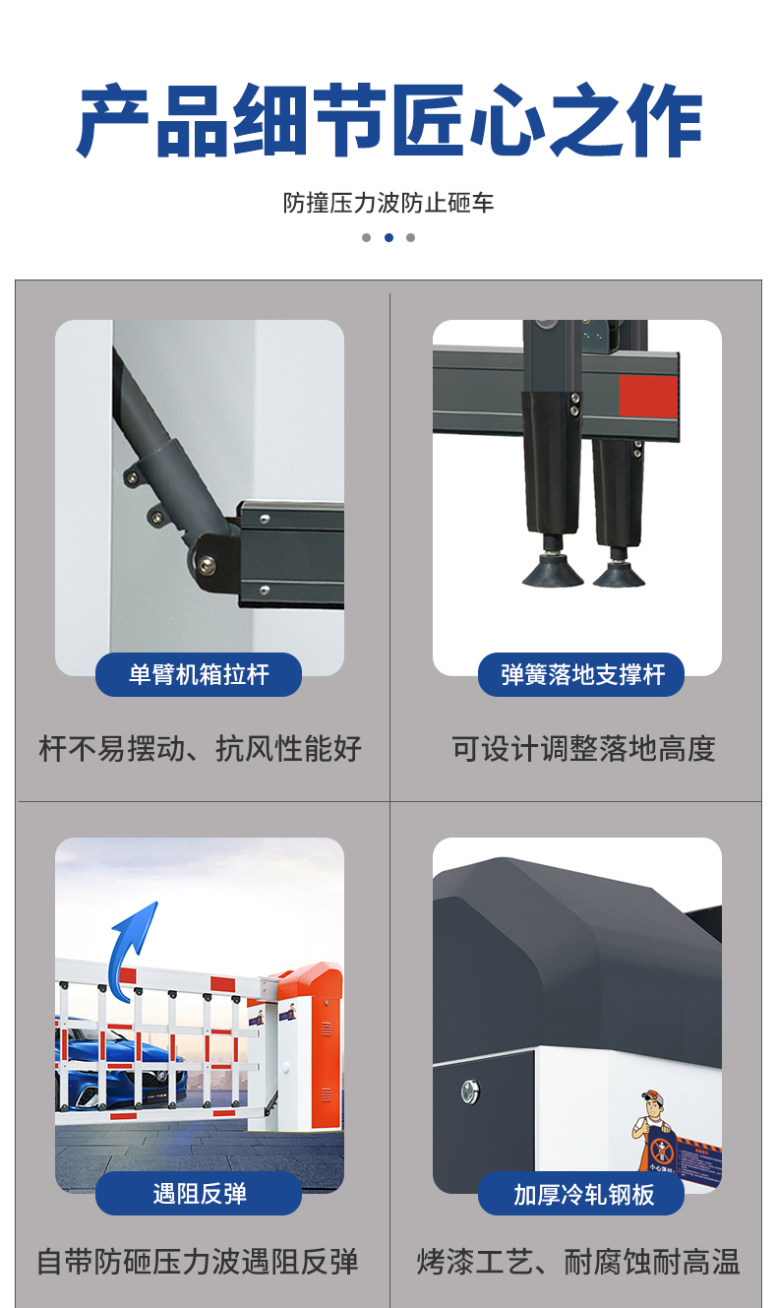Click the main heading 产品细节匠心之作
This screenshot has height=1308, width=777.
pyautogui.click(x=388, y=123)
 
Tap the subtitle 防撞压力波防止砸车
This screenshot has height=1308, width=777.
pyautogui.click(x=388, y=204)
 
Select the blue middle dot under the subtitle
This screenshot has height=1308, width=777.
pyautogui.click(x=388, y=237)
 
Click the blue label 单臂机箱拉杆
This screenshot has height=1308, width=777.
pyautogui.click(x=199, y=675)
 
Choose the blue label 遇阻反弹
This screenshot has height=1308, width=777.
pyautogui.click(x=199, y=1194)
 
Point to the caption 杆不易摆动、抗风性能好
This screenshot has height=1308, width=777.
pyautogui.click(x=201, y=749)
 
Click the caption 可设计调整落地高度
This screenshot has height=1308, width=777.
pyautogui.click(x=583, y=749)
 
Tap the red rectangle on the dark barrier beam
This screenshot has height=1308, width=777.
pyautogui.click(x=648, y=396)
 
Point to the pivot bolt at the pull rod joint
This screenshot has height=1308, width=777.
pyautogui.click(x=207, y=564)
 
